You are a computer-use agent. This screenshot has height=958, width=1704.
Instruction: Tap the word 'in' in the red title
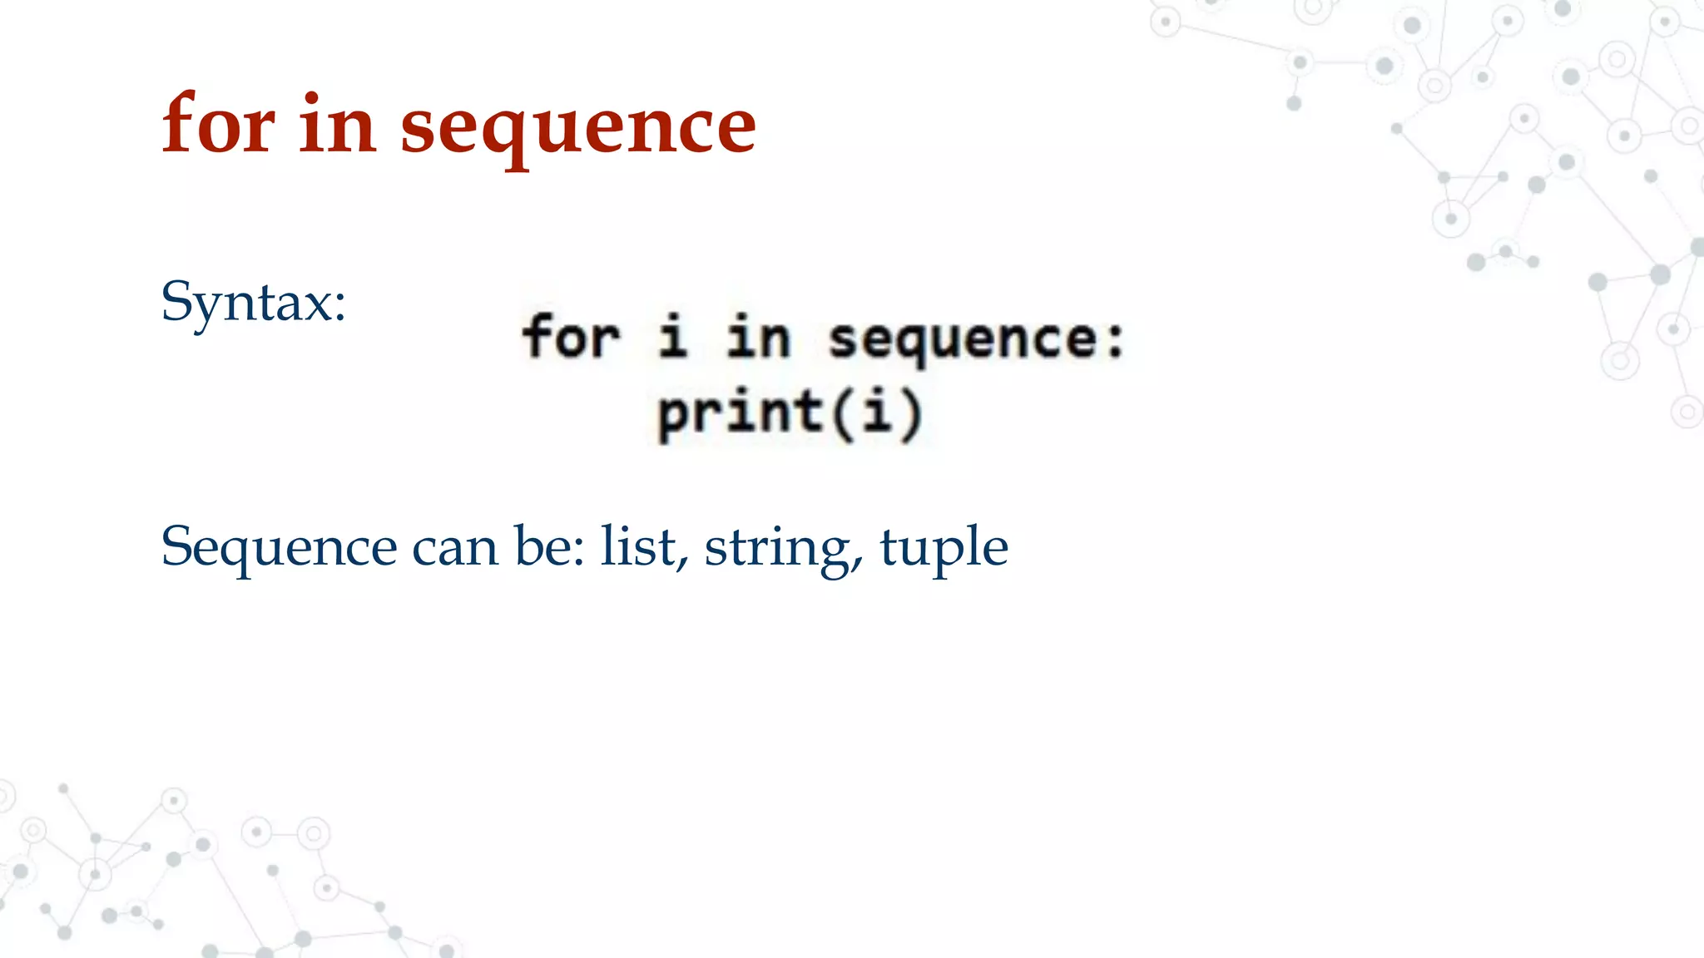click(x=337, y=125)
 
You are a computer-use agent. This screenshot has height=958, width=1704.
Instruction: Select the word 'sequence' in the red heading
click(x=578, y=129)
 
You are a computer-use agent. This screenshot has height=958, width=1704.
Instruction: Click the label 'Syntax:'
click(x=253, y=301)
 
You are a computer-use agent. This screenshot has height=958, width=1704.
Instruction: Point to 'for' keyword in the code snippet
click(x=571, y=337)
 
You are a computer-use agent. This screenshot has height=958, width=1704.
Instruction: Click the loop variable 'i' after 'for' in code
click(x=672, y=336)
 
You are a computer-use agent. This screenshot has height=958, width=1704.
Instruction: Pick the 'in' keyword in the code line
click(x=757, y=338)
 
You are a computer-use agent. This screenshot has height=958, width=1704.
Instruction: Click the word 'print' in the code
click(x=740, y=413)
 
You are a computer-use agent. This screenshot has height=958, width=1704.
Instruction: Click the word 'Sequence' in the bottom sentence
click(x=279, y=548)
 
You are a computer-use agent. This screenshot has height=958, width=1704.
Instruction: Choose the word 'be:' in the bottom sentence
click(x=549, y=546)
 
